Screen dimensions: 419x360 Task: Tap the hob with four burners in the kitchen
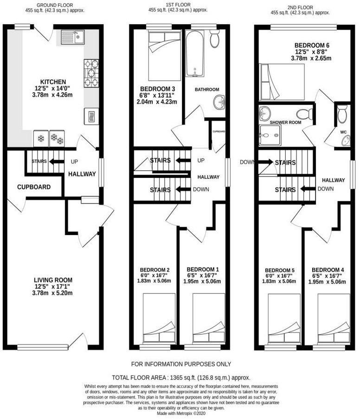point(91,73)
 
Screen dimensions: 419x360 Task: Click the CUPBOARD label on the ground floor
point(34,187)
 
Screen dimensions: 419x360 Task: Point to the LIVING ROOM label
point(53,280)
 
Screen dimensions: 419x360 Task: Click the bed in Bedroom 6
point(282,82)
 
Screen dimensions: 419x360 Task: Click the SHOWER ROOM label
point(280,123)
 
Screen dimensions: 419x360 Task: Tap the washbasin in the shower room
point(265,113)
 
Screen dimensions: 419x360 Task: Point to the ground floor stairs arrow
point(57,162)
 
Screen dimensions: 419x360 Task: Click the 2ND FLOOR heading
point(301,8)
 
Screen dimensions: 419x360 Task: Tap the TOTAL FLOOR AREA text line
point(181,378)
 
